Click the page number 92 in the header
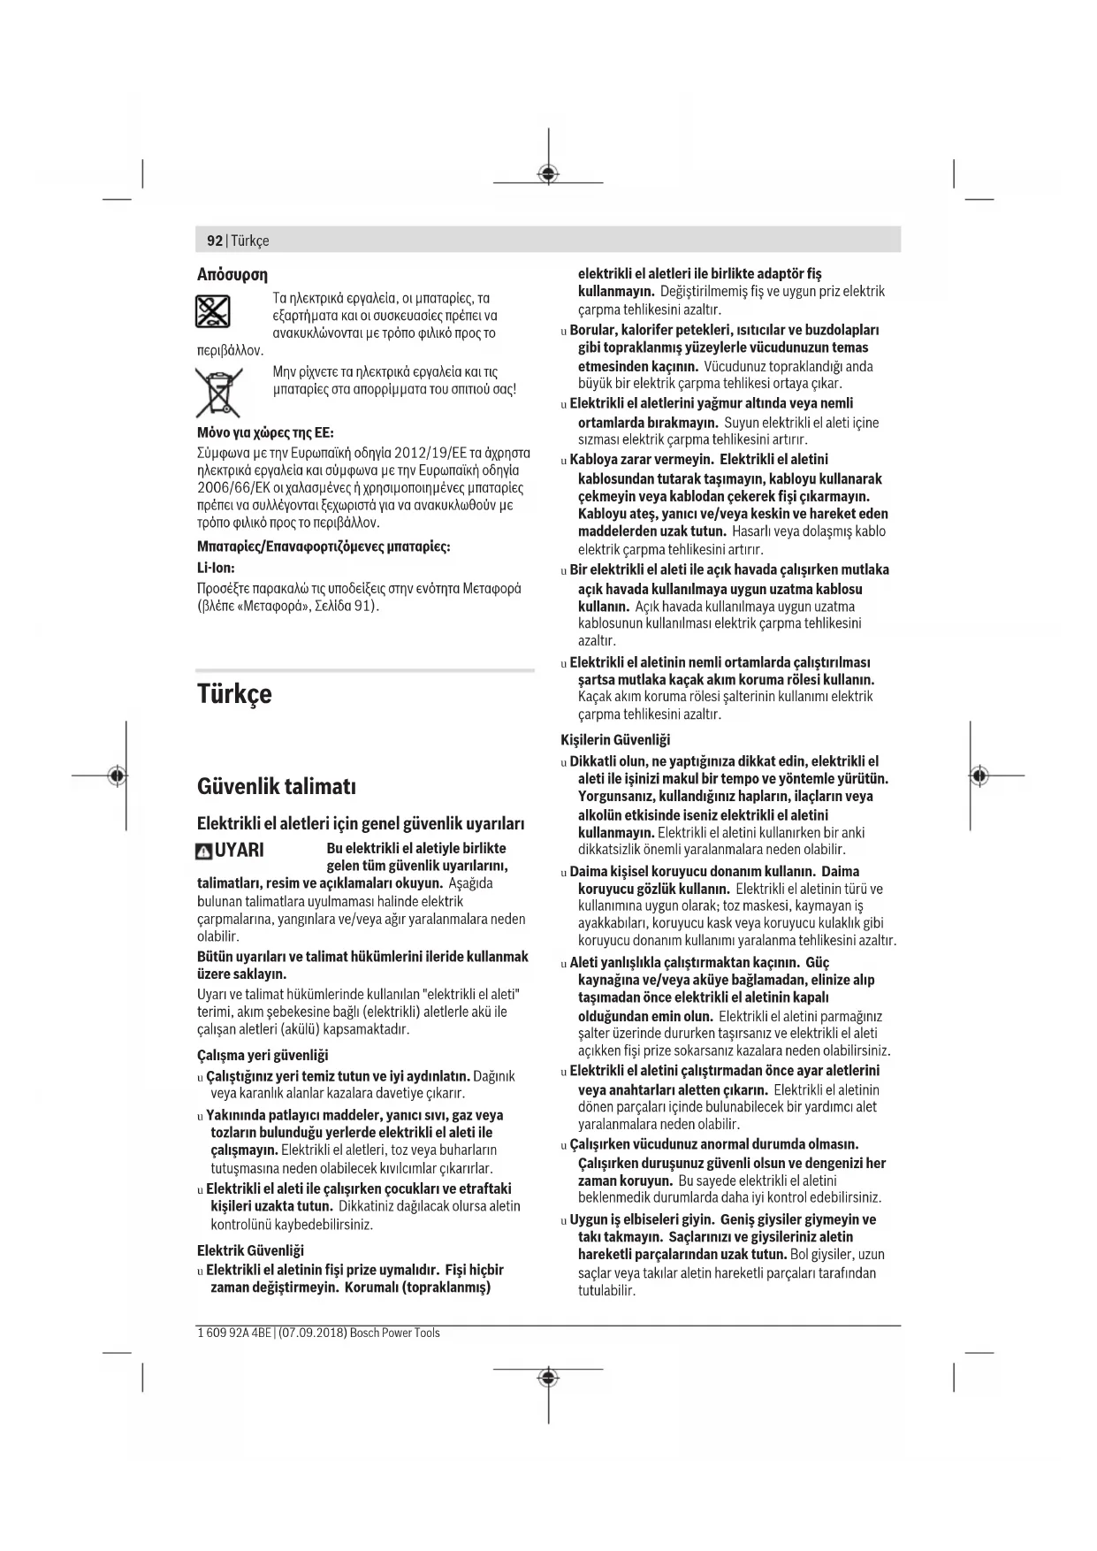tap(215, 241)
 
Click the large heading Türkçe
tap(234, 694)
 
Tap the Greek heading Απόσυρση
tap(232, 274)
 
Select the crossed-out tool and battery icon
tap(212, 311)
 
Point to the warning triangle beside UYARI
tap(204, 852)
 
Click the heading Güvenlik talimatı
tap(277, 785)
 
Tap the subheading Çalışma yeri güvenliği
tap(263, 1055)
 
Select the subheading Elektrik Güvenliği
tap(250, 1250)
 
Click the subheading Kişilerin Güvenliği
tap(615, 739)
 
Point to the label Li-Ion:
tap(216, 568)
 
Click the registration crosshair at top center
tap(548, 174)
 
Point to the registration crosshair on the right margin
tap(978, 775)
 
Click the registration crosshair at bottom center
tap(548, 1378)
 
